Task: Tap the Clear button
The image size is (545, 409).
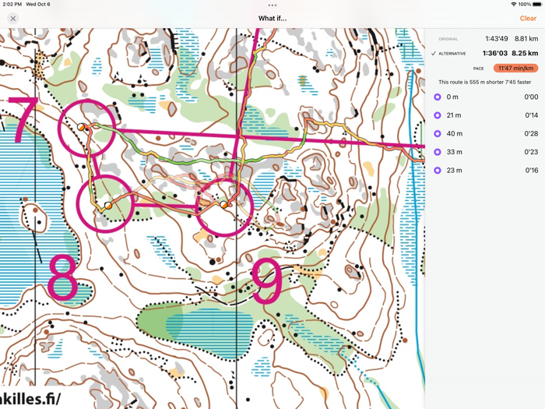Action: pyautogui.click(x=528, y=18)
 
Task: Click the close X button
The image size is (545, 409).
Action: pyautogui.click(x=13, y=18)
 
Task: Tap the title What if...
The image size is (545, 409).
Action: pyautogui.click(x=272, y=18)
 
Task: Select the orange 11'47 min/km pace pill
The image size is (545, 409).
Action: pyautogui.click(x=515, y=68)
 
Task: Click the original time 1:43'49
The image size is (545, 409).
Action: pyautogui.click(x=496, y=38)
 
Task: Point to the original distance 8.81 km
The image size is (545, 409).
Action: pyautogui.click(x=526, y=38)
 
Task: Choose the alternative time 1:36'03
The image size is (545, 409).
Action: pyautogui.click(x=495, y=53)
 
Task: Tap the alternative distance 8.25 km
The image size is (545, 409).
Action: pyautogui.click(x=526, y=53)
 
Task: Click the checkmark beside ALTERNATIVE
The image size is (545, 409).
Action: pyautogui.click(x=434, y=53)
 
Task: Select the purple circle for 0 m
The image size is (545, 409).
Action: pyautogui.click(x=438, y=97)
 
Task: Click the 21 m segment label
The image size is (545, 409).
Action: pyautogui.click(x=454, y=115)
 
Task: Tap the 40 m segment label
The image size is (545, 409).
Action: pyautogui.click(x=454, y=134)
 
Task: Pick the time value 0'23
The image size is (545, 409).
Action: pyautogui.click(x=531, y=152)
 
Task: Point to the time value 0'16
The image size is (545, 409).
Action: pyautogui.click(x=531, y=170)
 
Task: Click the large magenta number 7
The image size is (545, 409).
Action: pyautogui.click(x=23, y=121)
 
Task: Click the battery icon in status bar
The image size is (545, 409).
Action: pyautogui.click(x=536, y=4)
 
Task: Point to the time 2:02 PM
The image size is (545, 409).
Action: pyautogui.click(x=12, y=4)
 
